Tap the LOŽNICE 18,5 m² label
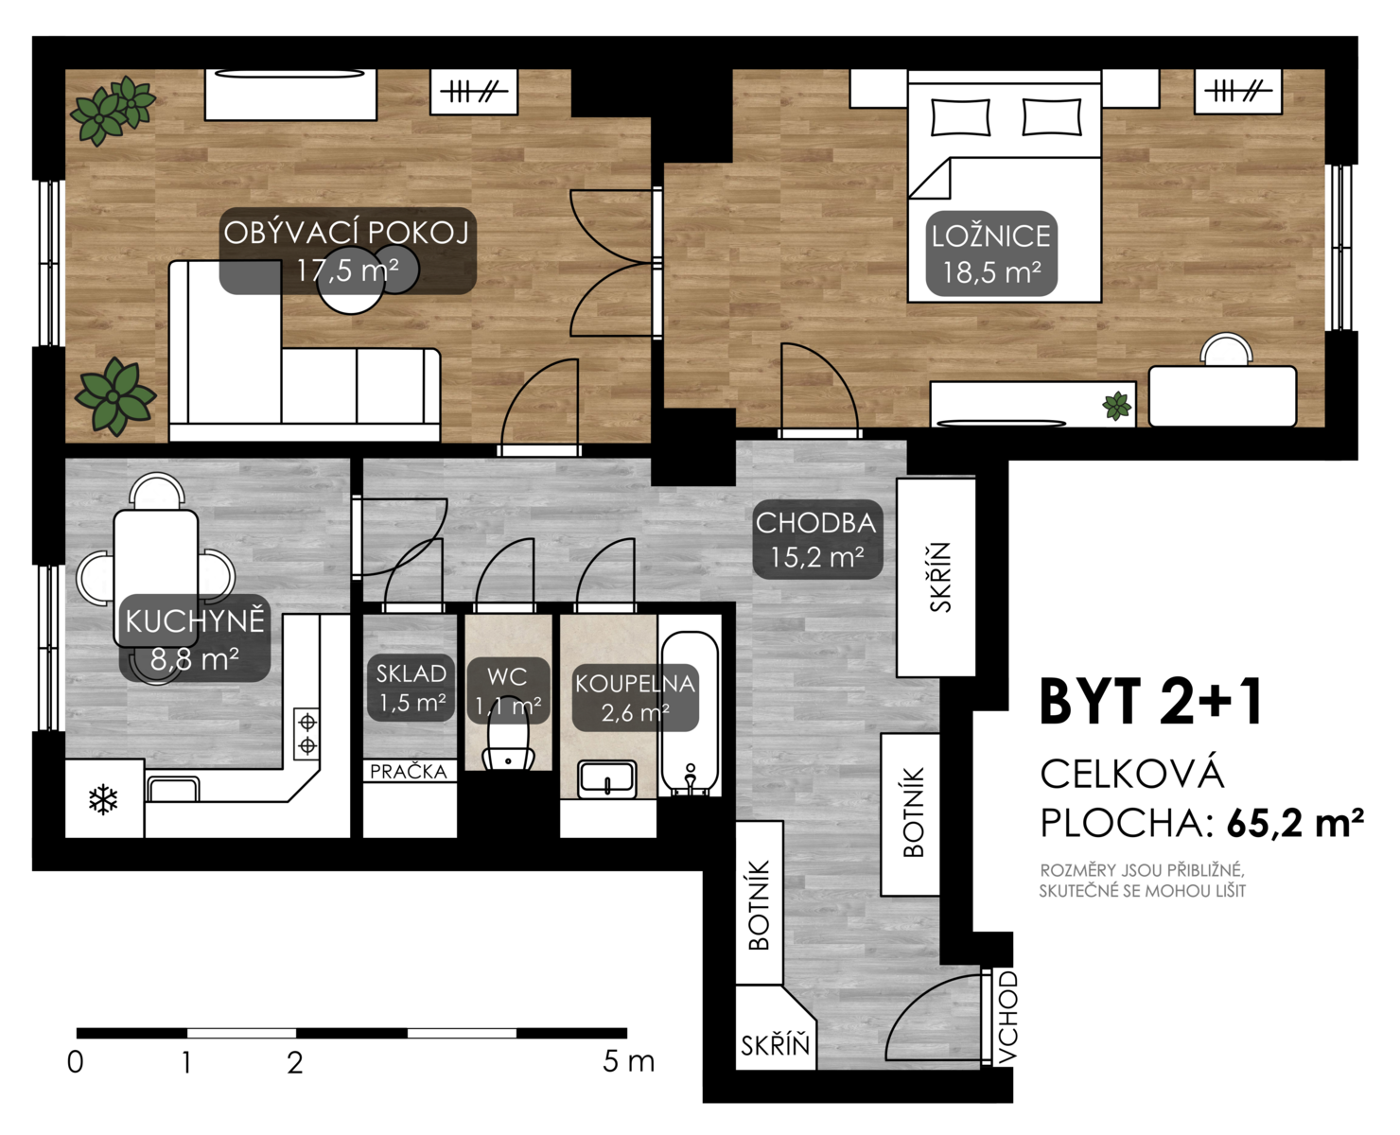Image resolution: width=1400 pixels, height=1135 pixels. [x=991, y=253]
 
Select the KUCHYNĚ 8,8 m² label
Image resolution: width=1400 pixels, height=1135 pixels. [x=195, y=638]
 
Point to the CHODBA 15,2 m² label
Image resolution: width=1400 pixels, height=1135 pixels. [x=817, y=539]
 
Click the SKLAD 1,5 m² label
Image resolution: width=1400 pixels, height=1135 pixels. [x=411, y=688]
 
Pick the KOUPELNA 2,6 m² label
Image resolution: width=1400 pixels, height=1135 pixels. [x=635, y=698]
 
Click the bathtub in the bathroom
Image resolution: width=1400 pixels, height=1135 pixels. [x=690, y=714]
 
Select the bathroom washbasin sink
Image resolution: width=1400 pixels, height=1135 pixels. [x=606, y=778]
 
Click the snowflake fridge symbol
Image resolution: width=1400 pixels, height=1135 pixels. [x=103, y=800]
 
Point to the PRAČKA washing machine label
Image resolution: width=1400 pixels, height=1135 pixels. [x=409, y=772]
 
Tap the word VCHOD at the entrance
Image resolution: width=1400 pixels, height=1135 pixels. [x=1006, y=1018]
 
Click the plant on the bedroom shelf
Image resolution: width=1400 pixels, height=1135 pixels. [x=1117, y=406]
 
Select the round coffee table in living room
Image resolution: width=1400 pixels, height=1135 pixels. [x=350, y=279]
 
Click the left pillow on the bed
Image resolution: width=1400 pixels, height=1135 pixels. [x=960, y=117]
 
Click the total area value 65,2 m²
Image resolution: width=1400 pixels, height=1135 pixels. [x=1294, y=822]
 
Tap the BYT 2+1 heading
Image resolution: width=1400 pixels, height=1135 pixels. [x=1151, y=701]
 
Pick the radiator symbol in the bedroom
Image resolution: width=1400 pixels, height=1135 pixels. [x=1237, y=92]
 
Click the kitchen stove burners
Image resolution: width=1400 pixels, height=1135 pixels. [x=306, y=733]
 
